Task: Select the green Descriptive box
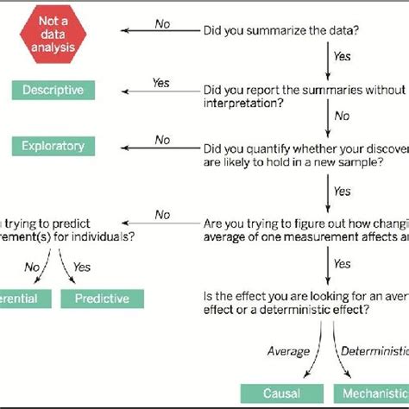click(54, 90)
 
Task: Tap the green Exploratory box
click(54, 147)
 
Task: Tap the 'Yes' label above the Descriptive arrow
click(160, 82)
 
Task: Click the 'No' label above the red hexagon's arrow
click(162, 24)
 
